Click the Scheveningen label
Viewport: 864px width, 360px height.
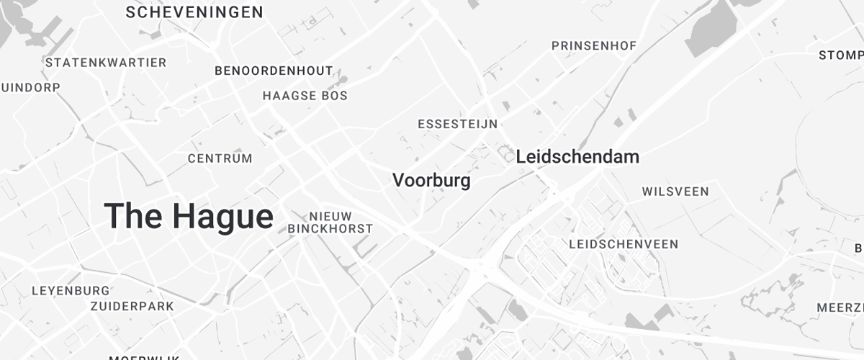(194, 12)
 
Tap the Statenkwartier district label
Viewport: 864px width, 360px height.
(106, 63)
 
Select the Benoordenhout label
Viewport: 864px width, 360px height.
(274, 71)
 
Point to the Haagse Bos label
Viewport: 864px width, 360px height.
(305, 96)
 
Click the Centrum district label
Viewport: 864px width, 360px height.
(220, 158)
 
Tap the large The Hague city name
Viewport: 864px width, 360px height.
(189, 216)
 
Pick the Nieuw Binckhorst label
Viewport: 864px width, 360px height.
(330, 222)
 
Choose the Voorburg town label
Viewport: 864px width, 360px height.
(431, 180)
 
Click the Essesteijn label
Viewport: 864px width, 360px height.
(457, 124)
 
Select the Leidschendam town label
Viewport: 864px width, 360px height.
(577, 156)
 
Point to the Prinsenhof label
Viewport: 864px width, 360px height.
(594, 46)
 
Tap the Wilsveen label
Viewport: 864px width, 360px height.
(675, 192)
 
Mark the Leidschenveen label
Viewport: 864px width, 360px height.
(623, 244)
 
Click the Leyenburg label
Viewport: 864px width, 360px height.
(71, 291)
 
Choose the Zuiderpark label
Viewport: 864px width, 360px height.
(132, 306)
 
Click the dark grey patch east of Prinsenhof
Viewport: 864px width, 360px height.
(713, 32)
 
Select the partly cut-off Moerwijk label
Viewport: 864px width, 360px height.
(139, 357)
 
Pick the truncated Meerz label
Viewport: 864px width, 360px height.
(840, 307)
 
